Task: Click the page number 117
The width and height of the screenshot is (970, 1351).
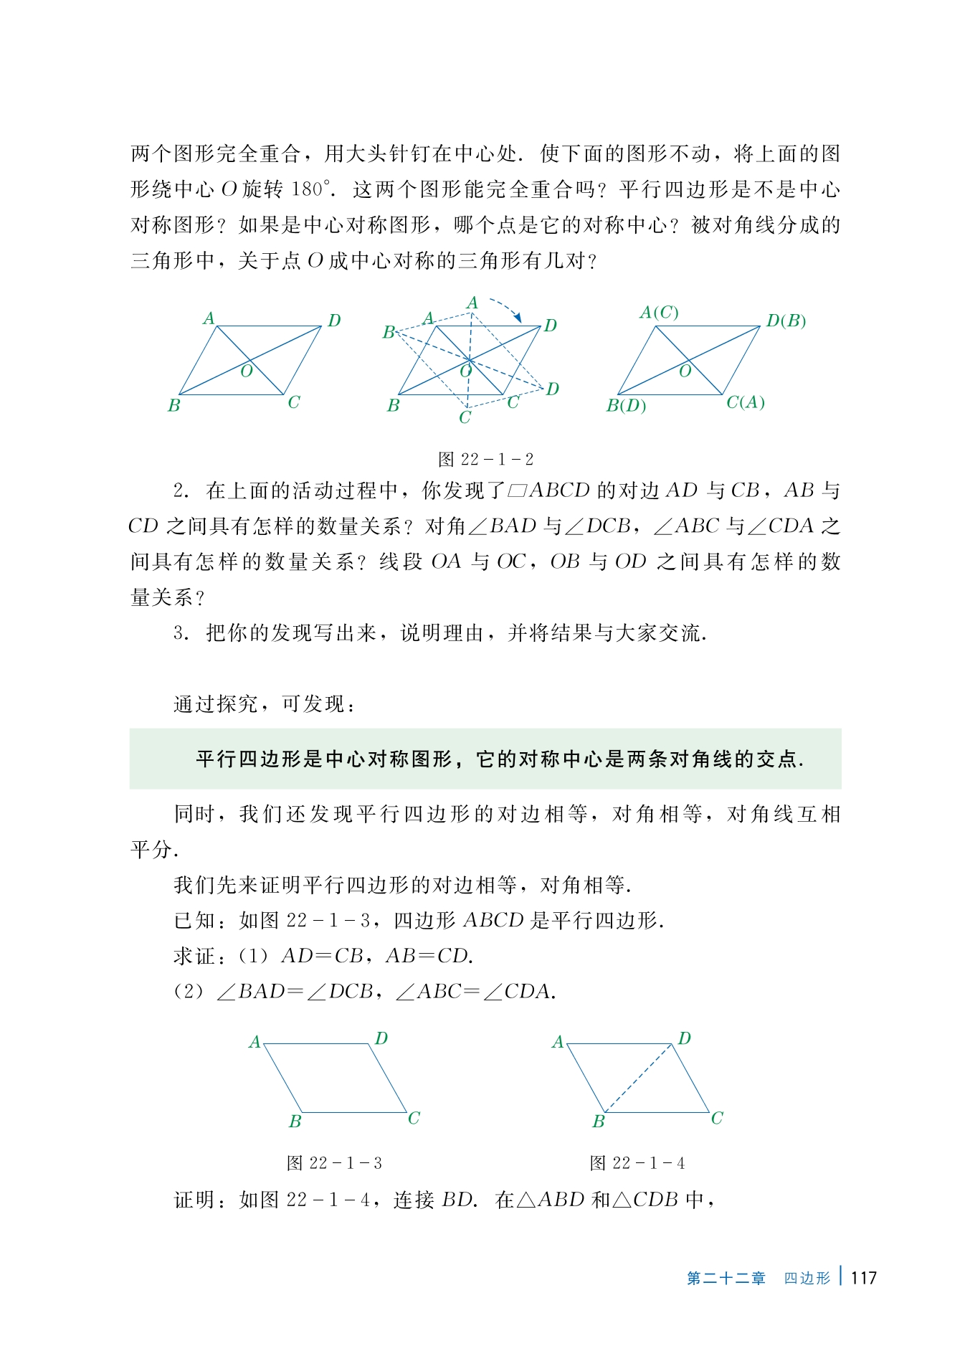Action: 864,1277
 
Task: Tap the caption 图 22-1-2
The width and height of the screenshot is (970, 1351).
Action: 486,459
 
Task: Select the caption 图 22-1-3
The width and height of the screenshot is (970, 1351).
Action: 334,1162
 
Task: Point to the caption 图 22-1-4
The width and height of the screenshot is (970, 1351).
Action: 637,1162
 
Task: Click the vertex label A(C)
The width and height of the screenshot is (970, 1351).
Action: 659,313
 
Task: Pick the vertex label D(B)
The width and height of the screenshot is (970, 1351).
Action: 786,321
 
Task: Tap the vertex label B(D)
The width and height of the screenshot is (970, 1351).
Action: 626,406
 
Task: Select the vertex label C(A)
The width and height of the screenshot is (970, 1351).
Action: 746,402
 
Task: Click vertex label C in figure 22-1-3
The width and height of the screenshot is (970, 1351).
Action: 414,1118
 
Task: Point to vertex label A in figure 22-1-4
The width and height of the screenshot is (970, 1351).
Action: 558,1042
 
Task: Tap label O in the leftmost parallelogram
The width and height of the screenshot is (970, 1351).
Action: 247,371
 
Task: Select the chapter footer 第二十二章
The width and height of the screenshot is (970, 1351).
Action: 726,1278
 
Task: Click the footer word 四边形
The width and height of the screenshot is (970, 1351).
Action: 807,1278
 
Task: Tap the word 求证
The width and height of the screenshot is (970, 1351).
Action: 195,956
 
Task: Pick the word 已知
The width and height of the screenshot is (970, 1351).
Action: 195,920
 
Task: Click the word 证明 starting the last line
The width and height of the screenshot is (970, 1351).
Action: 195,1200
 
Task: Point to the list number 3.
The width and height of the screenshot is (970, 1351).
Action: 180,632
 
